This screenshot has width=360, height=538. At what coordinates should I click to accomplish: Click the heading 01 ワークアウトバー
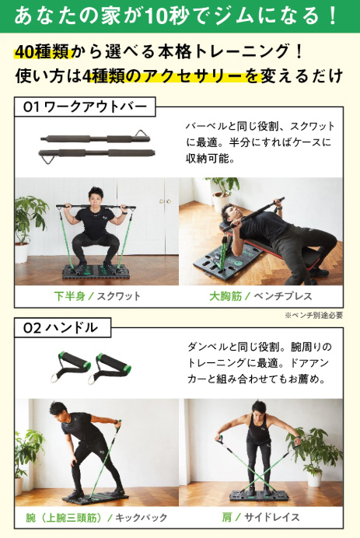tap(85, 107)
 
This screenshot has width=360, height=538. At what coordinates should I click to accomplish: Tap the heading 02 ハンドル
tap(61, 327)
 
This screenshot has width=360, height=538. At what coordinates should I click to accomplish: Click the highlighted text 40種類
tap(44, 52)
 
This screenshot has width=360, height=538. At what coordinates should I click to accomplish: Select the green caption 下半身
tap(70, 295)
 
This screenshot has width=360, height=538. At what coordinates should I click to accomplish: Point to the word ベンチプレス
tap(283, 295)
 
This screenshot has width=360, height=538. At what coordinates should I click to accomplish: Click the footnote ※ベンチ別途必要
tap(313, 315)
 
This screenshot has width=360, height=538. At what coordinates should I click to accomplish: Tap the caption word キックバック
tap(141, 517)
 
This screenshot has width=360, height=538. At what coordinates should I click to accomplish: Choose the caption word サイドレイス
tap(271, 517)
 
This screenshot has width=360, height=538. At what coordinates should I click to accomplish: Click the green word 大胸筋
tap(225, 295)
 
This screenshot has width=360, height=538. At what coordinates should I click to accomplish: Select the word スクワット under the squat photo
tap(119, 295)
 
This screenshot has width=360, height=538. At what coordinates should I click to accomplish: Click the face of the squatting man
tap(95, 198)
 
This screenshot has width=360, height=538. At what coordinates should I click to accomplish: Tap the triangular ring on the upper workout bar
tap(142, 133)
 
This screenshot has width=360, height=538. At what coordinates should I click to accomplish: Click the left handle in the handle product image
tap(70, 365)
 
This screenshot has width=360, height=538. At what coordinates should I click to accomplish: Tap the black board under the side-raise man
tap(259, 496)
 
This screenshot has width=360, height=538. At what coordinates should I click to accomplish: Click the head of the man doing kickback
tap(58, 411)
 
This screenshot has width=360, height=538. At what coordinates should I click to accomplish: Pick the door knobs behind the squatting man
tap(164, 201)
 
